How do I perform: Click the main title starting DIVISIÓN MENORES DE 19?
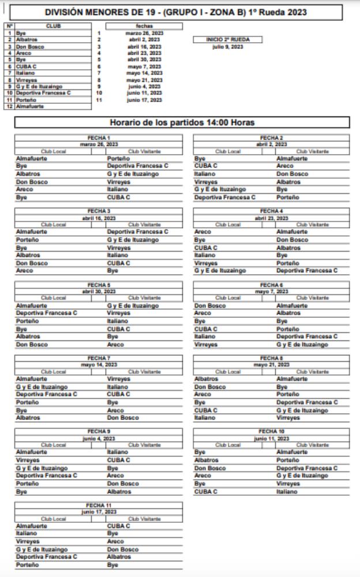[x=175, y=12]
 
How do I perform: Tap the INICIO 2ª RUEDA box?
[x=228, y=40]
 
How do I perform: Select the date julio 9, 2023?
[x=228, y=47]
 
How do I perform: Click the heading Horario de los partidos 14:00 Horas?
[x=182, y=122]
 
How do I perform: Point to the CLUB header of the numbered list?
[x=52, y=26]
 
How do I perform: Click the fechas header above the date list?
[x=144, y=26]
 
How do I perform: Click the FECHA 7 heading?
[x=99, y=358]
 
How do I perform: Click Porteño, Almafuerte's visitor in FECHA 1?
[x=118, y=158]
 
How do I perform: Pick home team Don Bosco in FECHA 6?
[x=210, y=306]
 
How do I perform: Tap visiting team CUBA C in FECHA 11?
[x=118, y=526]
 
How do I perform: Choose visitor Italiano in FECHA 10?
[x=288, y=492]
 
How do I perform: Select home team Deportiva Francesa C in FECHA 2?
[x=224, y=197]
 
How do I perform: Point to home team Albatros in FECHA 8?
[x=206, y=379]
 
